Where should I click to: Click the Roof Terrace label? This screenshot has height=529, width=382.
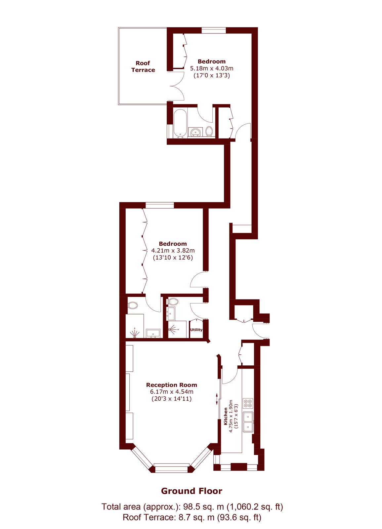pyautogui.click(x=143, y=66)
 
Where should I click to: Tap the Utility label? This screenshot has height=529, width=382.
pyautogui.click(x=196, y=330)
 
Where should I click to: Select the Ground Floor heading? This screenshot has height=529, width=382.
pyautogui.click(x=191, y=491)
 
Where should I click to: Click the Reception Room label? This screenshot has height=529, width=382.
pyautogui.click(x=172, y=385)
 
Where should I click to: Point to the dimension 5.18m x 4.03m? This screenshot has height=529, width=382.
pyautogui.click(x=212, y=68)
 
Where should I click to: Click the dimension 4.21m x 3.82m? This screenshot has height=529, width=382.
pyautogui.click(x=173, y=250)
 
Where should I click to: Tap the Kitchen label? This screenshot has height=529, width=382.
pyautogui.click(x=226, y=416)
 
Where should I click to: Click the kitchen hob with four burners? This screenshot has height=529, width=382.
pyautogui.click(x=248, y=403)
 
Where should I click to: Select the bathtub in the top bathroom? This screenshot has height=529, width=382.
pyautogui.click(x=181, y=124)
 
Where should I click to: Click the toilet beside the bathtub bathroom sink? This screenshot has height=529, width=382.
pyautogui.click(x=209, y=131)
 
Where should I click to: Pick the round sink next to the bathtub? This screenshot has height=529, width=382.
pyautogui.click(x=195, y=132)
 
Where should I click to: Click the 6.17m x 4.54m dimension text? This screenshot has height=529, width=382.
pyautogui.click(x=172, y=392)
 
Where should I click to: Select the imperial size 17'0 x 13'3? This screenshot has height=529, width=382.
pyautogui.click(x=212, y=76)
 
